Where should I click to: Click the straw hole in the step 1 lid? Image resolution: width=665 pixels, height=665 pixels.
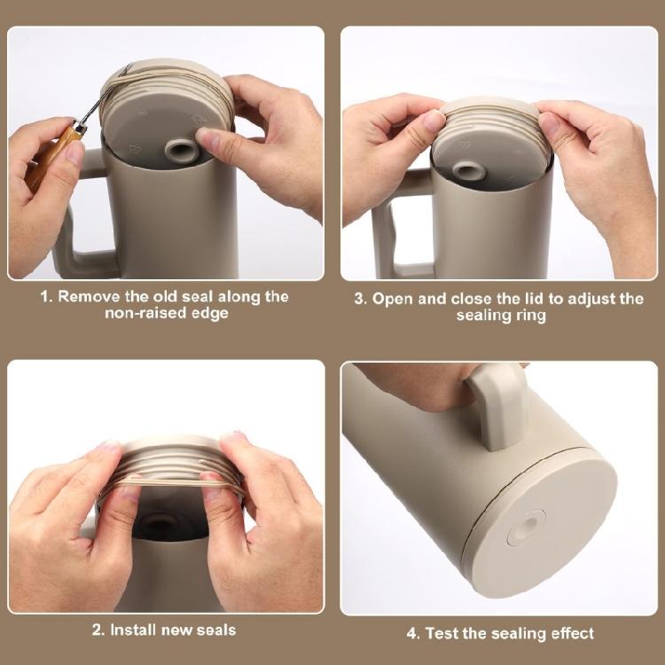pos(182,151)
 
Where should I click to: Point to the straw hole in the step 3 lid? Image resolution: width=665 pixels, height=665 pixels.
pos(469,172)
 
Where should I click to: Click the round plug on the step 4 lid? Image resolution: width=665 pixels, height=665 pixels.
pos(526,528)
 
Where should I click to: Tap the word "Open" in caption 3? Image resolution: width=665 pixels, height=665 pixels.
pos(392,300)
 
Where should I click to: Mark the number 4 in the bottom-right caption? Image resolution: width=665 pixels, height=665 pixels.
pos(411,634)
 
